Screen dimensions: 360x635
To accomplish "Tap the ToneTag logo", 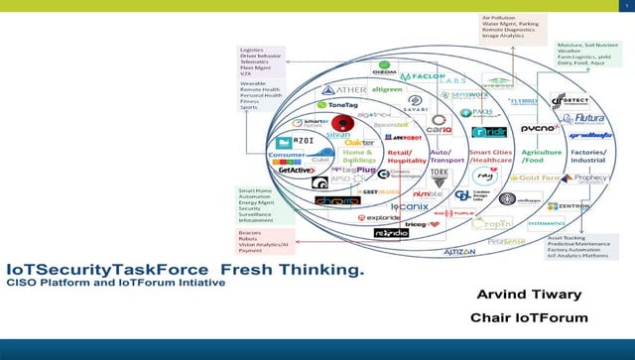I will [x=334, y=104].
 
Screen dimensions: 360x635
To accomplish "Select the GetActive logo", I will [x=296, y=170].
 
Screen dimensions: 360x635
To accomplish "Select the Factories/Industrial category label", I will [x=587, y=156].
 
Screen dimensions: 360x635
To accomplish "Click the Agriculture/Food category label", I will [x=540, y=156].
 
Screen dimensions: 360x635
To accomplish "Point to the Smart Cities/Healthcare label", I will [x=490, y=156].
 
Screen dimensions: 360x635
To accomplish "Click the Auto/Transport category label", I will [x=443, y=156].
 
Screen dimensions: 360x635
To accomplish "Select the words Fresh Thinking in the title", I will [x=292, y=270].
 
